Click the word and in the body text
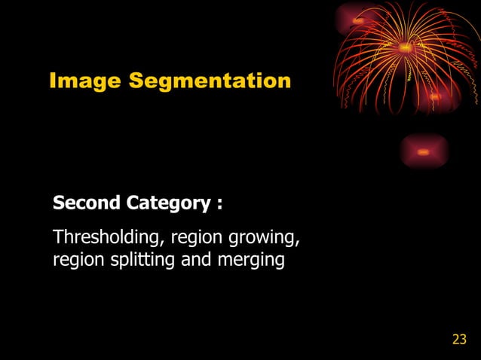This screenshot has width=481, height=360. click(195, 261)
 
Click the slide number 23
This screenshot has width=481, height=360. click(459, 340)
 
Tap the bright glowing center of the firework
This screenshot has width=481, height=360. click(405, 47)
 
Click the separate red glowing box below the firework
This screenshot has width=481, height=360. click(424, 152)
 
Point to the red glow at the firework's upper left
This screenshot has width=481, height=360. click(357, 20)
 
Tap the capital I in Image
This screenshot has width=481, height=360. click(53, 81)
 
